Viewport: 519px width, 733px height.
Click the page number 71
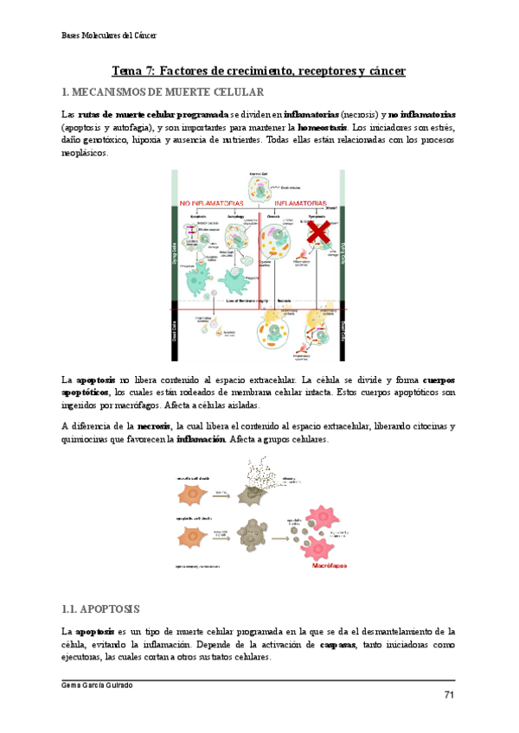[x=449, y=695]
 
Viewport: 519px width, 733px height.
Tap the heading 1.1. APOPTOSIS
[x=103, y=609]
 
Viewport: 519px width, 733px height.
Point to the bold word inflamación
[x=204, y=439]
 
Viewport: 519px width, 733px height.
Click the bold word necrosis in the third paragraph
[x=153, y=426]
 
